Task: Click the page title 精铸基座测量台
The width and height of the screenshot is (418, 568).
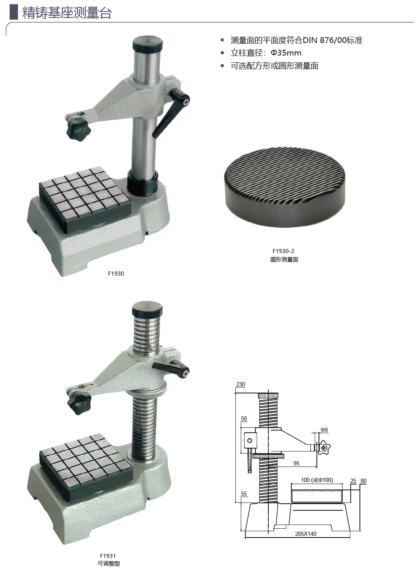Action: (x=67, y=13)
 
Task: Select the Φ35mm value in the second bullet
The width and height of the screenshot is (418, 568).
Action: (x=286, y=53)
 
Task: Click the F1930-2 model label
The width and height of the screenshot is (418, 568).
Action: (x=283, y=251)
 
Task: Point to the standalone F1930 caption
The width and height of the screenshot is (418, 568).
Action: (x=116, y=274)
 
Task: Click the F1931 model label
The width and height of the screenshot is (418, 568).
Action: (x=108, y=554)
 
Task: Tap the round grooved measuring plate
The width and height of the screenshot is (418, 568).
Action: (x=285, y=187)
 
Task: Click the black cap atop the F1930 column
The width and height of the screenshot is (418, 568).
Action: (x=148, y=43)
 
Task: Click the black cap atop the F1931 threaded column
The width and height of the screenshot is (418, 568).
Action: (x=147, y=310)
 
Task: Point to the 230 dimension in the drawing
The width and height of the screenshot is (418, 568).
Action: (x=240, y=384)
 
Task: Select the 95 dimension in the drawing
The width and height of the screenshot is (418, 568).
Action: (x=296, y=463)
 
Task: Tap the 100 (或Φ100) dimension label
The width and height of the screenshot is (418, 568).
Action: (x=317, y=480)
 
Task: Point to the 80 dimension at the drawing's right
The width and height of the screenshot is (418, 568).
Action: (x=363, y=481)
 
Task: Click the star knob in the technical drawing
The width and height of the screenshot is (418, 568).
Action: (x=324, y=448)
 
